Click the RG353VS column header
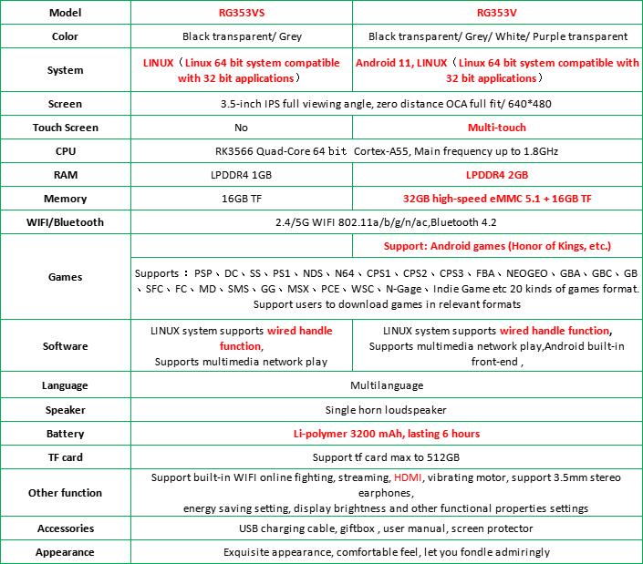click(241, 14)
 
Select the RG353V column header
click(497, 14)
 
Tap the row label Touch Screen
click(65, 128)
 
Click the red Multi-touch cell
click(497, 128)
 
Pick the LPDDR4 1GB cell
click(241, 175)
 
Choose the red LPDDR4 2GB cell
click(497, 175)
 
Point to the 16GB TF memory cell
click(241, 199)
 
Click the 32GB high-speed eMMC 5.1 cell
click(497, 199)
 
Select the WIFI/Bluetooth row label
click(65, 222)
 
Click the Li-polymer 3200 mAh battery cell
click(387, 434)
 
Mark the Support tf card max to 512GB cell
click(387, 457)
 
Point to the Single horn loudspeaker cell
click(387, 410)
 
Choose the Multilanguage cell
click(387, 386)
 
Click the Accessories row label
click(65, 528)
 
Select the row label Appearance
click(65, 552)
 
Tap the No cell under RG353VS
click(241, 128)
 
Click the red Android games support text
click(497, 246)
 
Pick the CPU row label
click(65, 151)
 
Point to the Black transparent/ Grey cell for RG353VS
click(241, 37)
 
